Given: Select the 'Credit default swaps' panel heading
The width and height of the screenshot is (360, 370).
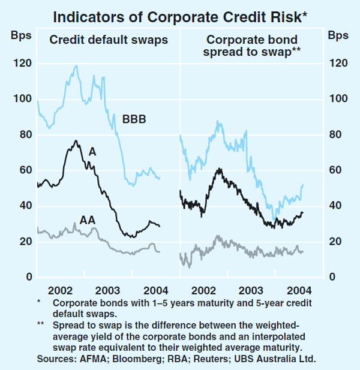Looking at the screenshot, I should [x=109, y=40].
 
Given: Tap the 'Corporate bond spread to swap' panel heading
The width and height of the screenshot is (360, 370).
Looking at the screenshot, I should [x=252, y=46].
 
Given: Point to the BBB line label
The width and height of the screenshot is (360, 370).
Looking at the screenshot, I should [x=134, y=119].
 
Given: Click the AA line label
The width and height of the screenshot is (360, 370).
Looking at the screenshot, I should [x=88, y=220].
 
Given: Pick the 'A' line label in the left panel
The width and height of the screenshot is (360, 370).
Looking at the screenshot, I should [x=92, y=152].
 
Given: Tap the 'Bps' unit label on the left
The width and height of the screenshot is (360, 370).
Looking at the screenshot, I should [x=19, y=34].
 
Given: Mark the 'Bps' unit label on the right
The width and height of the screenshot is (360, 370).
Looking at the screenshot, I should [x=338, y=34].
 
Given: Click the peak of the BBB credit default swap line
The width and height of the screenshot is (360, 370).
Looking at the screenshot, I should [x=76, y=65].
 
